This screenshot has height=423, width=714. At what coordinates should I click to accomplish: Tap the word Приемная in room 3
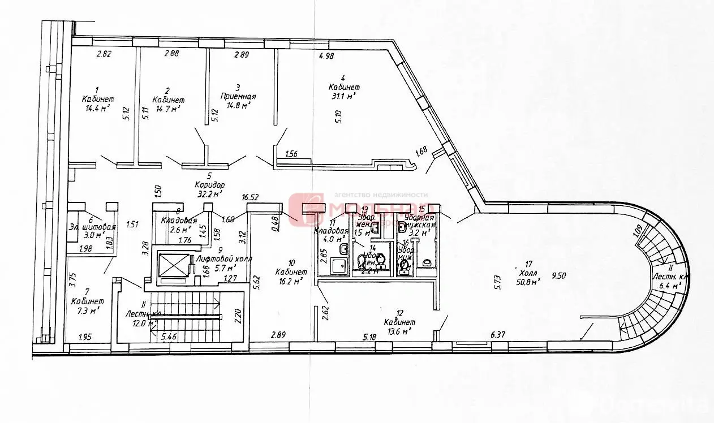238,96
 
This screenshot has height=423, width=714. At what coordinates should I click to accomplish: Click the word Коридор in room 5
209,185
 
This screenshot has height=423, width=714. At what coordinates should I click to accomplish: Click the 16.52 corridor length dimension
250,197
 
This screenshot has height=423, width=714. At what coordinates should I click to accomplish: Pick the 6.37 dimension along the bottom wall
497,335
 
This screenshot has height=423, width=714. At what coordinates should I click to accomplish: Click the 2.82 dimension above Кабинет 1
104,54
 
